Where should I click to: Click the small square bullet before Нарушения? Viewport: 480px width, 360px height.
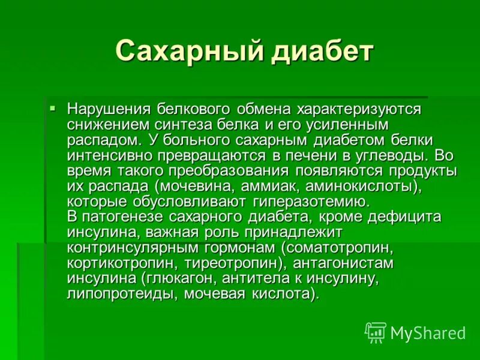(53, 109)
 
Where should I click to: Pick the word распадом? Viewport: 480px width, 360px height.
(103, 140)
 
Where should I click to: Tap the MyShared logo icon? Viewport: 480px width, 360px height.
(376, 332)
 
